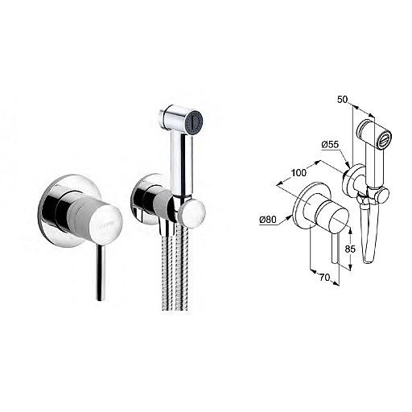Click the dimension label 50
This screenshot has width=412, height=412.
pos(342,100)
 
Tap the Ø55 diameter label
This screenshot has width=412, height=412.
pos(330,145)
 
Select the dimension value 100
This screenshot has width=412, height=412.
pos(299,173)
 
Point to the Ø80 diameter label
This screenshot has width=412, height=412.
pos(268,220)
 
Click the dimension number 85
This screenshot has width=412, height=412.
pos(350,249)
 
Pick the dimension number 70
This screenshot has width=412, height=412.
pos(324,278)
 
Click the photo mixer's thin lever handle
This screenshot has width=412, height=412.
pos(101,272)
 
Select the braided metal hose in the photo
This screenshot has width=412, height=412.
pos(175,268)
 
